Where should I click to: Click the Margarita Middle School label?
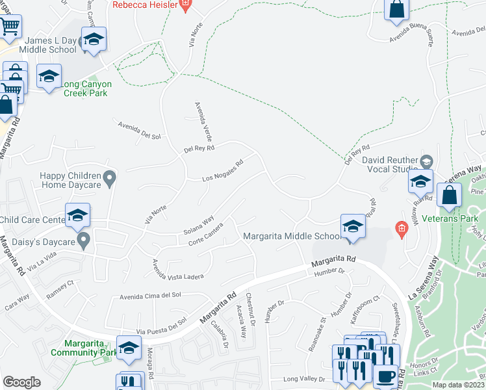[290, 236]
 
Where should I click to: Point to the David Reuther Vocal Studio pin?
[426, 161]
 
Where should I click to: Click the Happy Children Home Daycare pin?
[110, 177]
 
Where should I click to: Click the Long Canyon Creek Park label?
[86, 88]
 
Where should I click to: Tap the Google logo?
[22, 382]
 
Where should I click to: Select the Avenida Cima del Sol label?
[151, 296]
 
